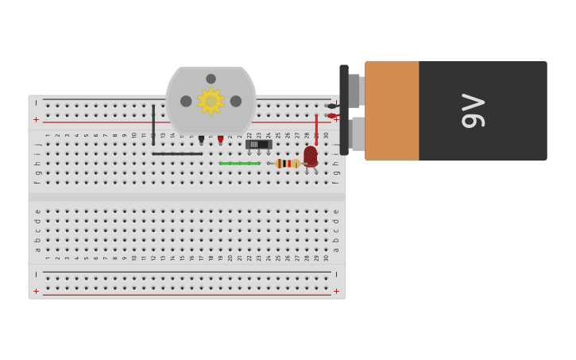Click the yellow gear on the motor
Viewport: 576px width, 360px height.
pos(211,101)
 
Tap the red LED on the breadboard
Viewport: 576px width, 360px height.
pos(311,156)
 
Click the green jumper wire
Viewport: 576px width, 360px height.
pos(239,164)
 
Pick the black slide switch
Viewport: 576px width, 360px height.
pos(258,145)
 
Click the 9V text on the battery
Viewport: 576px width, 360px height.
pos(474,110)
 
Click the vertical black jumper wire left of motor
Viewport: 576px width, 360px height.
pos(153,124)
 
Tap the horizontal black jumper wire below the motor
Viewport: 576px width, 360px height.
pos(176,153)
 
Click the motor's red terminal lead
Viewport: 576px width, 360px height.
pos(221,139)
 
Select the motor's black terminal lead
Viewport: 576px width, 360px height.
pos(201,139)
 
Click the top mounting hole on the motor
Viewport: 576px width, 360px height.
pos(211,79)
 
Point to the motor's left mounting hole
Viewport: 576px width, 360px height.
pos(186,101)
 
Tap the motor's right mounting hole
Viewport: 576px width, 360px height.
pos(236,101)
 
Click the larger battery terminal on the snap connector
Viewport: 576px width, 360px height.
pos(358,134)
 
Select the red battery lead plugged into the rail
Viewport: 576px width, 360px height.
pos(332,116)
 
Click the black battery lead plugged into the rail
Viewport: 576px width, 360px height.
pos(332,106)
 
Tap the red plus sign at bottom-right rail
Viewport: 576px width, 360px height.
pos(336,292)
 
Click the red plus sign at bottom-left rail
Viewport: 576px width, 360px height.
pos(36,292)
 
